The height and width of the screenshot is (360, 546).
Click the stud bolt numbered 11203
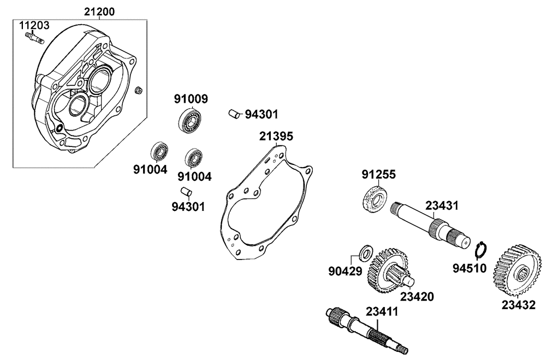33,38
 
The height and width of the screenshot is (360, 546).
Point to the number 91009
191,99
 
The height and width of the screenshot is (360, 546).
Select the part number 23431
442,206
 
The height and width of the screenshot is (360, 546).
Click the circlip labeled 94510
480,249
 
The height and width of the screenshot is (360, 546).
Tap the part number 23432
519,306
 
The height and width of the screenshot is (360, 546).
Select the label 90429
344,270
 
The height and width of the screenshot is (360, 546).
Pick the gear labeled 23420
387,269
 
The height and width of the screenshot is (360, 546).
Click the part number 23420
417,297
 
